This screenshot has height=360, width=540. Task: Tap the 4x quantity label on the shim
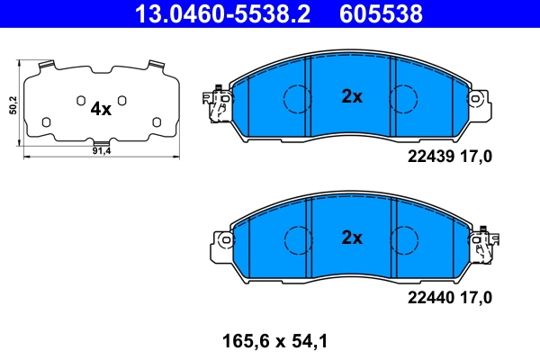coord(101,109)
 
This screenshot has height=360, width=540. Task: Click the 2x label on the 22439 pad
coord(351,97)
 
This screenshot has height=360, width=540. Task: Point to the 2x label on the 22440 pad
coord(351,238)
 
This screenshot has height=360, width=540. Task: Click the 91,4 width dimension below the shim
coord(101,151)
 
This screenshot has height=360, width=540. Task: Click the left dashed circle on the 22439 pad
coord(297,97)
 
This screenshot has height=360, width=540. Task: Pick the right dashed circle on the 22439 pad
coord(404,97)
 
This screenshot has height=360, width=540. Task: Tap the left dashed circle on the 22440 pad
coord(297,238)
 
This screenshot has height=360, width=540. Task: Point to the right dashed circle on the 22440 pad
coord(404,238)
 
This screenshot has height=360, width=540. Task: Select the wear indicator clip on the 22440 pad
coord(485,244)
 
